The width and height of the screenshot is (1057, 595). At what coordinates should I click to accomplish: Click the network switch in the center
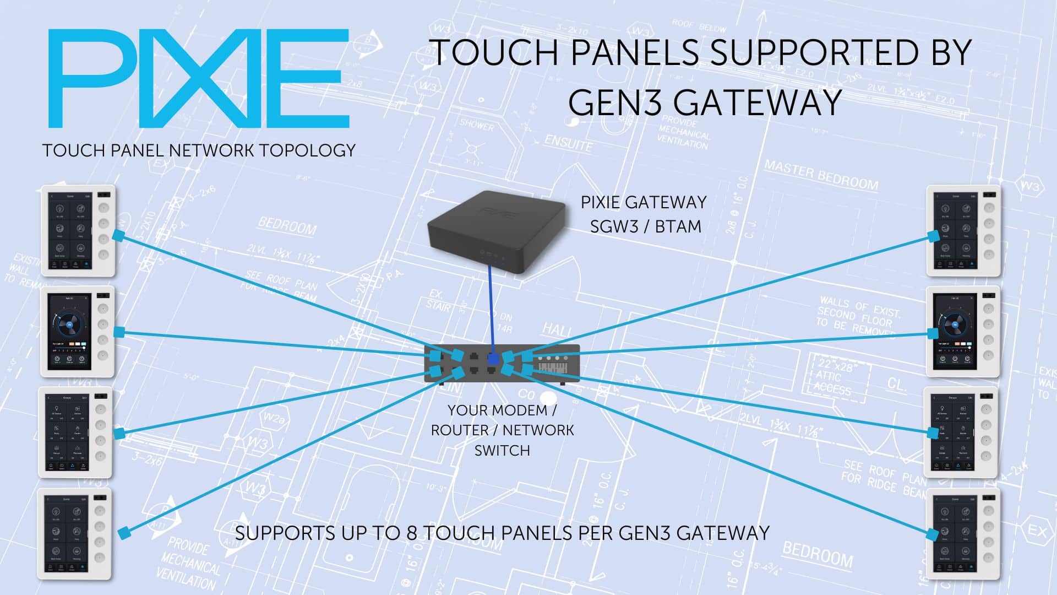[502, 364]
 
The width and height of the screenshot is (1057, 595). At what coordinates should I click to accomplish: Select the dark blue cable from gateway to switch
[491, 309]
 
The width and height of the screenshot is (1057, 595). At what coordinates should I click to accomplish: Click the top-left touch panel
[78, 230]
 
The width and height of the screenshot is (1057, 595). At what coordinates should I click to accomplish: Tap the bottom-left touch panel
[74, 533]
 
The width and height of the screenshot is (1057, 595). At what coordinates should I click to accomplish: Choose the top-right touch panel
[963, 230]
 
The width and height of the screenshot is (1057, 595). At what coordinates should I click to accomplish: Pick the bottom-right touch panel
[963, 533]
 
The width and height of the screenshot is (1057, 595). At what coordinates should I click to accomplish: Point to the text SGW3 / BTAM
[645, 226]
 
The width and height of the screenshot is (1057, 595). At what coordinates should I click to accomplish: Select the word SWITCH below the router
[502, 451]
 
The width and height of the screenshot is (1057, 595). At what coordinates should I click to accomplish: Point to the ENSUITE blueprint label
[568, 144]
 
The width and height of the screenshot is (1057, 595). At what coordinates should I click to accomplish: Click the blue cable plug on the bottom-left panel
[125, 532]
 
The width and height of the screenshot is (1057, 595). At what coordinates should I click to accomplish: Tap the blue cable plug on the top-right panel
[933, 236]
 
